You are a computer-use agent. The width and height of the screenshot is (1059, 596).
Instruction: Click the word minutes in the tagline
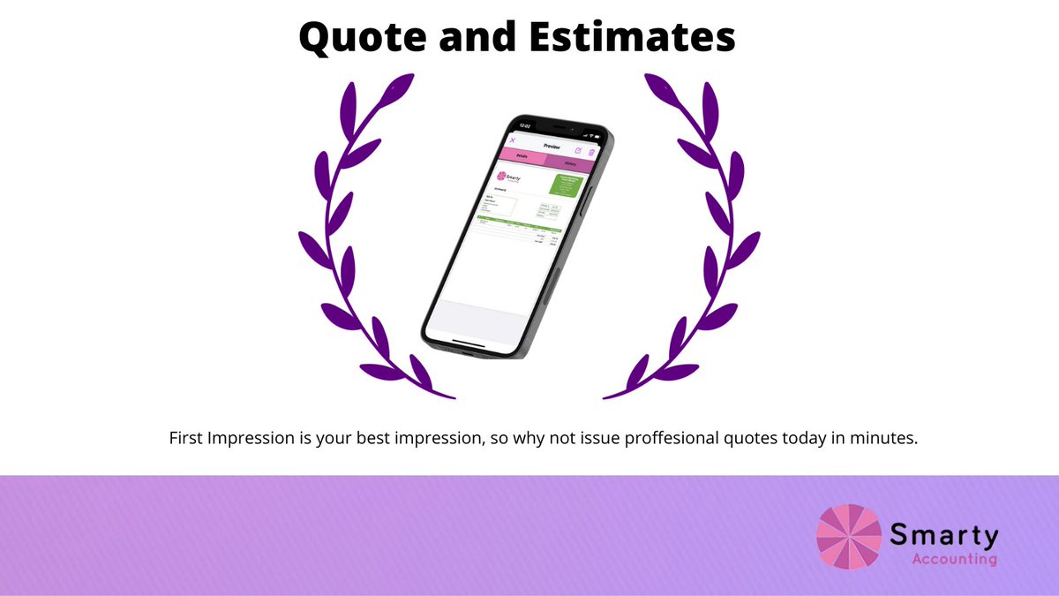point(886,439)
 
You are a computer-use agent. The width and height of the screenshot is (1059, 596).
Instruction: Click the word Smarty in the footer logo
point(944,534)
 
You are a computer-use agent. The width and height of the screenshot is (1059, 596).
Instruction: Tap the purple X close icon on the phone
point(513,140)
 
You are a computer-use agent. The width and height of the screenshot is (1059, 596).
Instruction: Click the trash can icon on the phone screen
point(592,153)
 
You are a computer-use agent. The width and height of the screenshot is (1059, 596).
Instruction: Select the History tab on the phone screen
point(571,164)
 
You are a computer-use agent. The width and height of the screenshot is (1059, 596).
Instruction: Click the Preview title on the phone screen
point(552,147)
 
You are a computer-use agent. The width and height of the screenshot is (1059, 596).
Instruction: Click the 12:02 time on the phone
point(524,125)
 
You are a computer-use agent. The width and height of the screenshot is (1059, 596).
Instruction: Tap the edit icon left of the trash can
point(578,151)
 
